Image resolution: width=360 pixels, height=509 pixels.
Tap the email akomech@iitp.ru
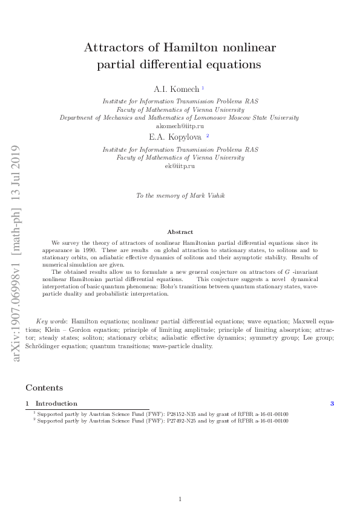point(180,126)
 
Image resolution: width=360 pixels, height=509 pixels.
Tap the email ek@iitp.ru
point(180,166)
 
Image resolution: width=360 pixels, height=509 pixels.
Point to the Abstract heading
point(180,232)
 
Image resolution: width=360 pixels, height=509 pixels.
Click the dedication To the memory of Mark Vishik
point(180,195)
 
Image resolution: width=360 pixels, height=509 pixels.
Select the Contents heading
point(44,387)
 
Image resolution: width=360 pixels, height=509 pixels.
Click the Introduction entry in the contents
point(56,403)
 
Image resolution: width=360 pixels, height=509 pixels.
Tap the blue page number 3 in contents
point(332,403)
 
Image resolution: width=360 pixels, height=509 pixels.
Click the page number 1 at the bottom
point(180,499)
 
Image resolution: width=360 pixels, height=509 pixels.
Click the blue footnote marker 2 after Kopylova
point(208,136)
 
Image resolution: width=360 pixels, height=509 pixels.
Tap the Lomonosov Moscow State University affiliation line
point(180,117)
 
